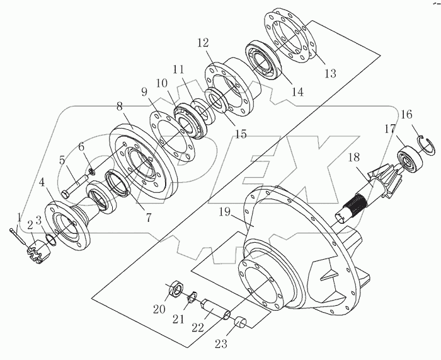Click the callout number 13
pyautogui.click(x=330, y=73)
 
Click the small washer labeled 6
pyautogui.click(x=91, y=171)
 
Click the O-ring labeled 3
pyautogui.click(x=52, y=241)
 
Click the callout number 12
pyautogui.click(x=202, y=44)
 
